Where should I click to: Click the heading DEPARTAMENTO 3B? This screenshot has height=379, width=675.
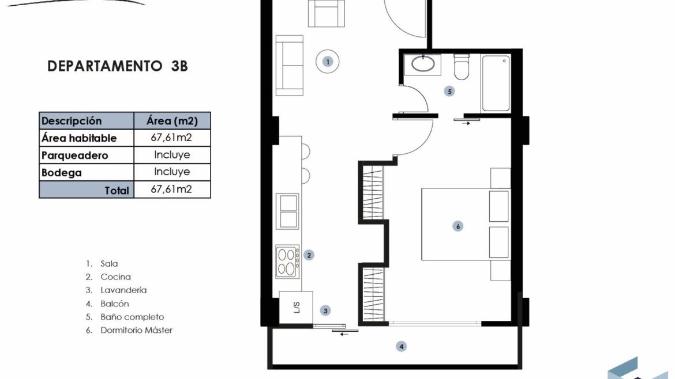tap(118, 66)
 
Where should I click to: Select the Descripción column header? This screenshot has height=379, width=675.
tap(72, 121)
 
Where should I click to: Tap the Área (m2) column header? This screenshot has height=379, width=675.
tap(172, 121)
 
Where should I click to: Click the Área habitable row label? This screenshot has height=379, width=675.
tap(79, 138)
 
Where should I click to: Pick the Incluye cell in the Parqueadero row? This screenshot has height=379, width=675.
tap(172, 155)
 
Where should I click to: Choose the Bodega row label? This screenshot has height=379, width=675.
tap(62, 173)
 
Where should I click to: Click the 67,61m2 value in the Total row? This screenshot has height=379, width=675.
tap(171, 189)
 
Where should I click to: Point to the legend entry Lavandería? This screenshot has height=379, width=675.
tap(123, 290)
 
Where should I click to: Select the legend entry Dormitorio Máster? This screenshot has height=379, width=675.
tap(137, 330)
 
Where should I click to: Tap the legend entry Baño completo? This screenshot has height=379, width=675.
tap(132, 317)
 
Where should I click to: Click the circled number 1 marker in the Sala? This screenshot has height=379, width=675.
tap(328, 62)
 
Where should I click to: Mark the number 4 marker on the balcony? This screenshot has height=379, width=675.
tap(401, 346)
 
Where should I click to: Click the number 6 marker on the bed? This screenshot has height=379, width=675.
tap(458, 226)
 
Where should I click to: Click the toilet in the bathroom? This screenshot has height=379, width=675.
tap(462, 67)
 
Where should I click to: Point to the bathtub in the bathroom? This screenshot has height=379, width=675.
tap(496, 84)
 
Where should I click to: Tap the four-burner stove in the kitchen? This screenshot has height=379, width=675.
tap(287, 261)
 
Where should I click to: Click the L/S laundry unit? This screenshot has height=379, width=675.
tap(296, 308)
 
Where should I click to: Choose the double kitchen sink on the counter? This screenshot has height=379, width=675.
tap(287, 211)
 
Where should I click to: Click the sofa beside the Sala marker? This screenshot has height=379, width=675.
tap(289, 65)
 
